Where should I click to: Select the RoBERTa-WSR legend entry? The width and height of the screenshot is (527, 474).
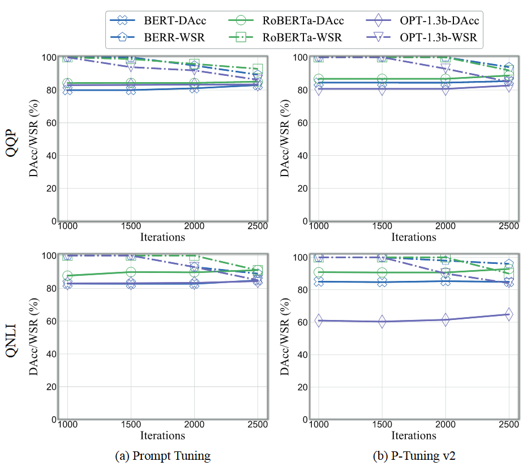[x=289, y=37]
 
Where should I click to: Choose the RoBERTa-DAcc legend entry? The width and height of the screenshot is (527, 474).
[x=289, y=21]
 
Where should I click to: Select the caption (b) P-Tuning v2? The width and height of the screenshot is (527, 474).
[x=414, y=456]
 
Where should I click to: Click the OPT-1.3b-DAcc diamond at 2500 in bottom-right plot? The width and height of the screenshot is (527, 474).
[x=509, y=314]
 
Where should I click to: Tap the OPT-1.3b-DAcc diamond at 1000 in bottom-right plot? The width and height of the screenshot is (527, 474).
[x=319, y=321]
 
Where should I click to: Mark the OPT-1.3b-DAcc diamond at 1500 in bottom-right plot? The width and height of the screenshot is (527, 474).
[x=382, y=321]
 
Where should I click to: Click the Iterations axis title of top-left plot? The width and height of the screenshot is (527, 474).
[x=162, y=237]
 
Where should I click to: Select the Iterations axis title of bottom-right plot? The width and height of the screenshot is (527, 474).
[x=414, y=435]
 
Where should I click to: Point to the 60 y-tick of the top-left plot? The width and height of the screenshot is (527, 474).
[x=49, y=122]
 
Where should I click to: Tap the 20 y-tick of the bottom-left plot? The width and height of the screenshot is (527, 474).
[x=49, y=387]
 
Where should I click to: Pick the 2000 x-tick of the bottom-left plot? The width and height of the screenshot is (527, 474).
[x=194, y=425]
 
